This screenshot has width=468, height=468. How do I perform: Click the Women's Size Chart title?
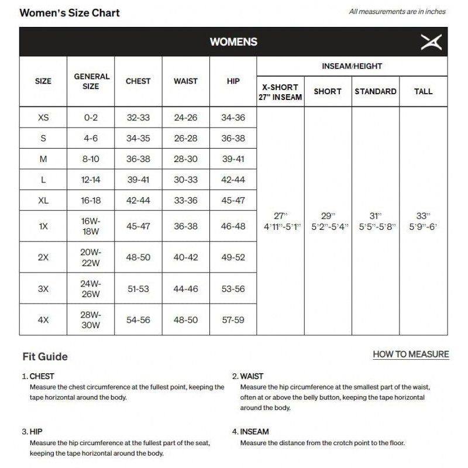tap(70, 13)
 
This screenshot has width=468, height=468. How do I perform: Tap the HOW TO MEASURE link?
tap(411, 354)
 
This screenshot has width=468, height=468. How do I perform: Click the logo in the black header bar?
tap(431, 42)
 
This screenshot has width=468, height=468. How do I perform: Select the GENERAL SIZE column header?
tap(91, 81)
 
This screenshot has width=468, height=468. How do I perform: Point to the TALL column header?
tap(423, 91)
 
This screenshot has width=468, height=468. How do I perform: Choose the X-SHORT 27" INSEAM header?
tap(280, 92)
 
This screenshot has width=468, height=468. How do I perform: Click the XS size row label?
tap(43, 118)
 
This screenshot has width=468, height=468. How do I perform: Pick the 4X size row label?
tap(43, 320)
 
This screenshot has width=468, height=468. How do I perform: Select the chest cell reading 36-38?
tap(138, 159)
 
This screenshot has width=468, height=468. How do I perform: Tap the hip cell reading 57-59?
tap(233, 320)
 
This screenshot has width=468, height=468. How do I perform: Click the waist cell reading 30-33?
tap(185, 180)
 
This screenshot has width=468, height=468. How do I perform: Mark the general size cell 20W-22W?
tap(91, 257)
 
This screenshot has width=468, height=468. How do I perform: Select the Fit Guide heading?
tap(45, 356)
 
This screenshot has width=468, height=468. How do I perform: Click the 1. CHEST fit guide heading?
tap(38, 376)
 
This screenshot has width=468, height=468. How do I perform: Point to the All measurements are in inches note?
tap(397, 11)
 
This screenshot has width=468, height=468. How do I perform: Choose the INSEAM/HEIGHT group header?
tap(352, 66)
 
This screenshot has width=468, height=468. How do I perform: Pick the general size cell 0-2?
tap(91, 118)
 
